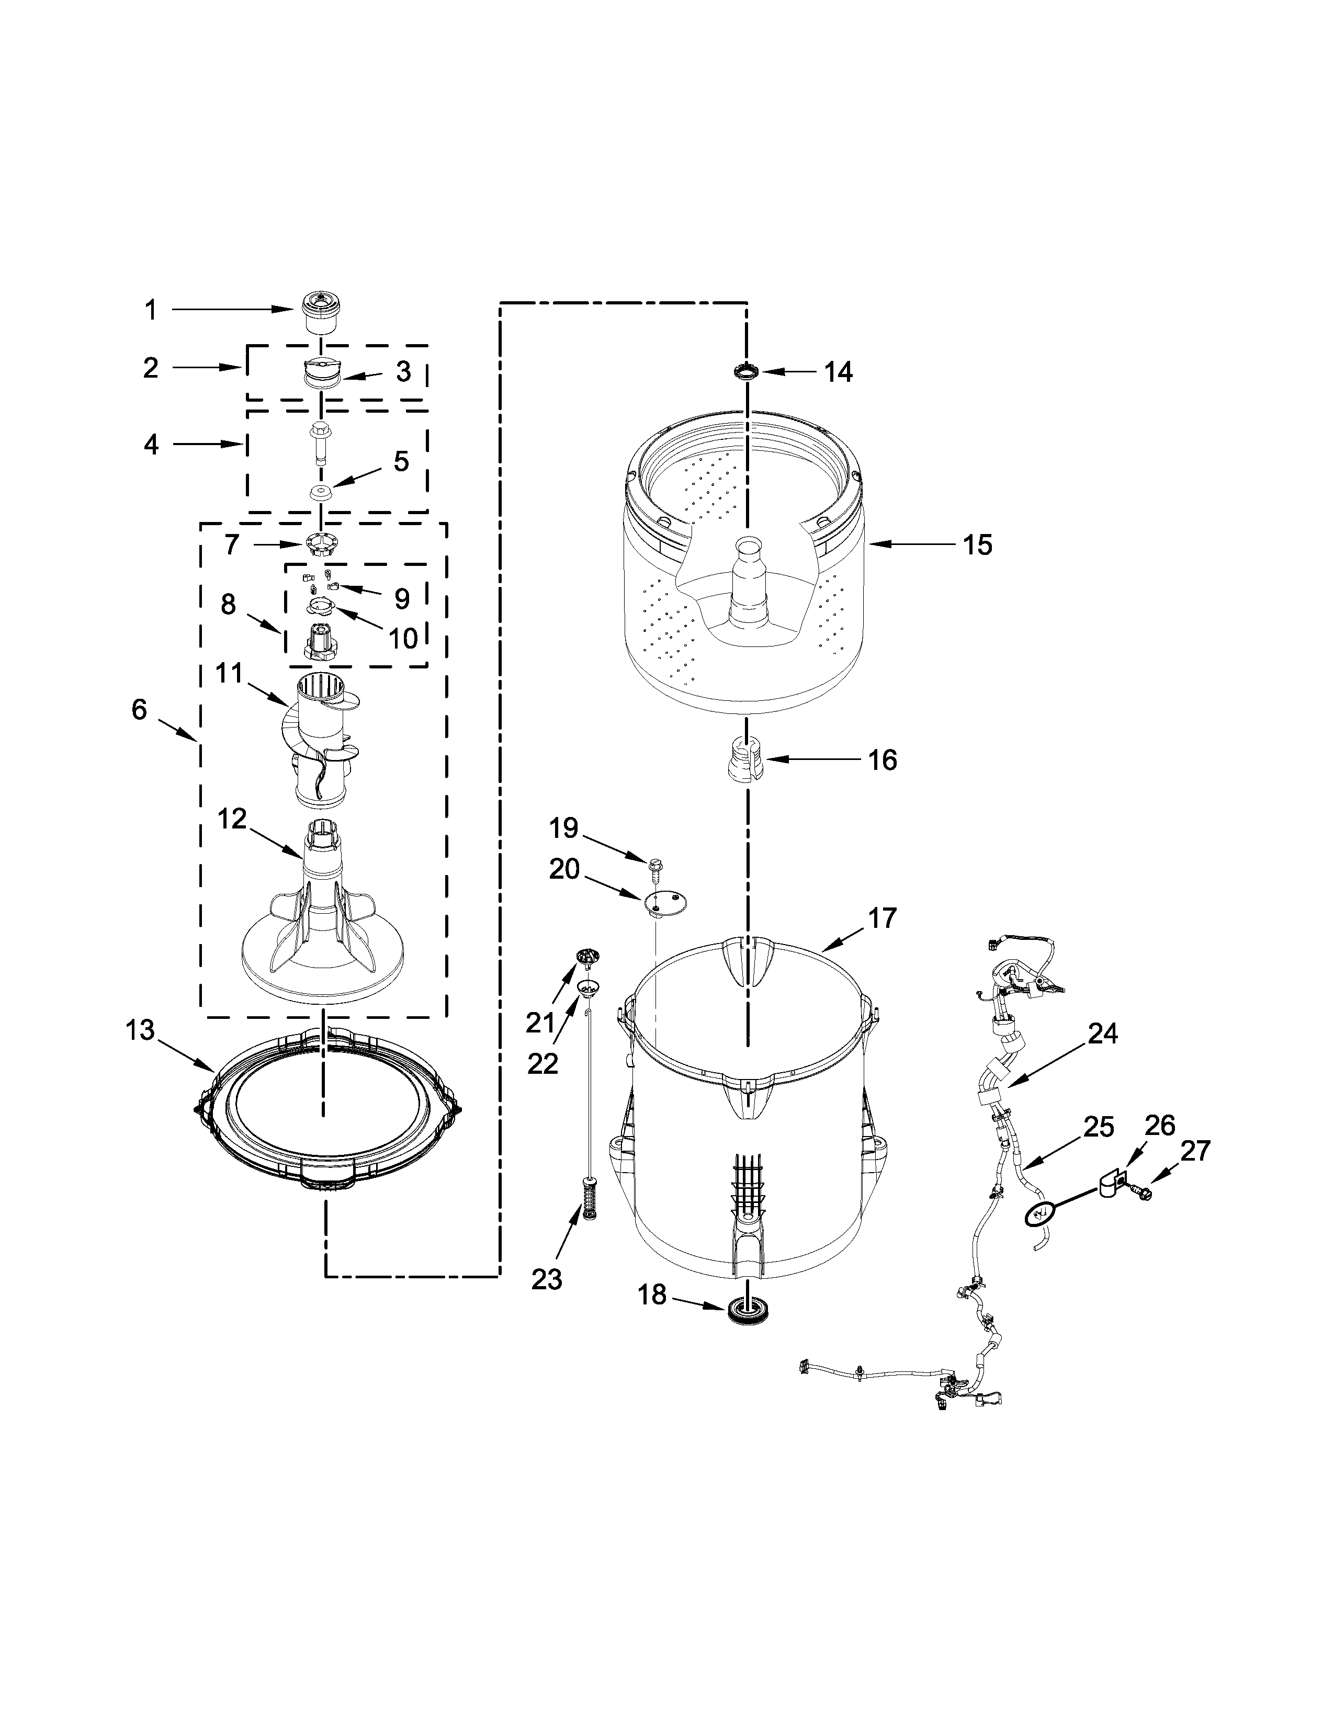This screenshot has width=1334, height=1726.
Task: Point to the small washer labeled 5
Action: tap(320, 494)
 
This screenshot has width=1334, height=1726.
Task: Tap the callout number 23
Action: tap(546, 1279)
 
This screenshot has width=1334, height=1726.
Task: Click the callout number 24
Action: tap(1102, 1033)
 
